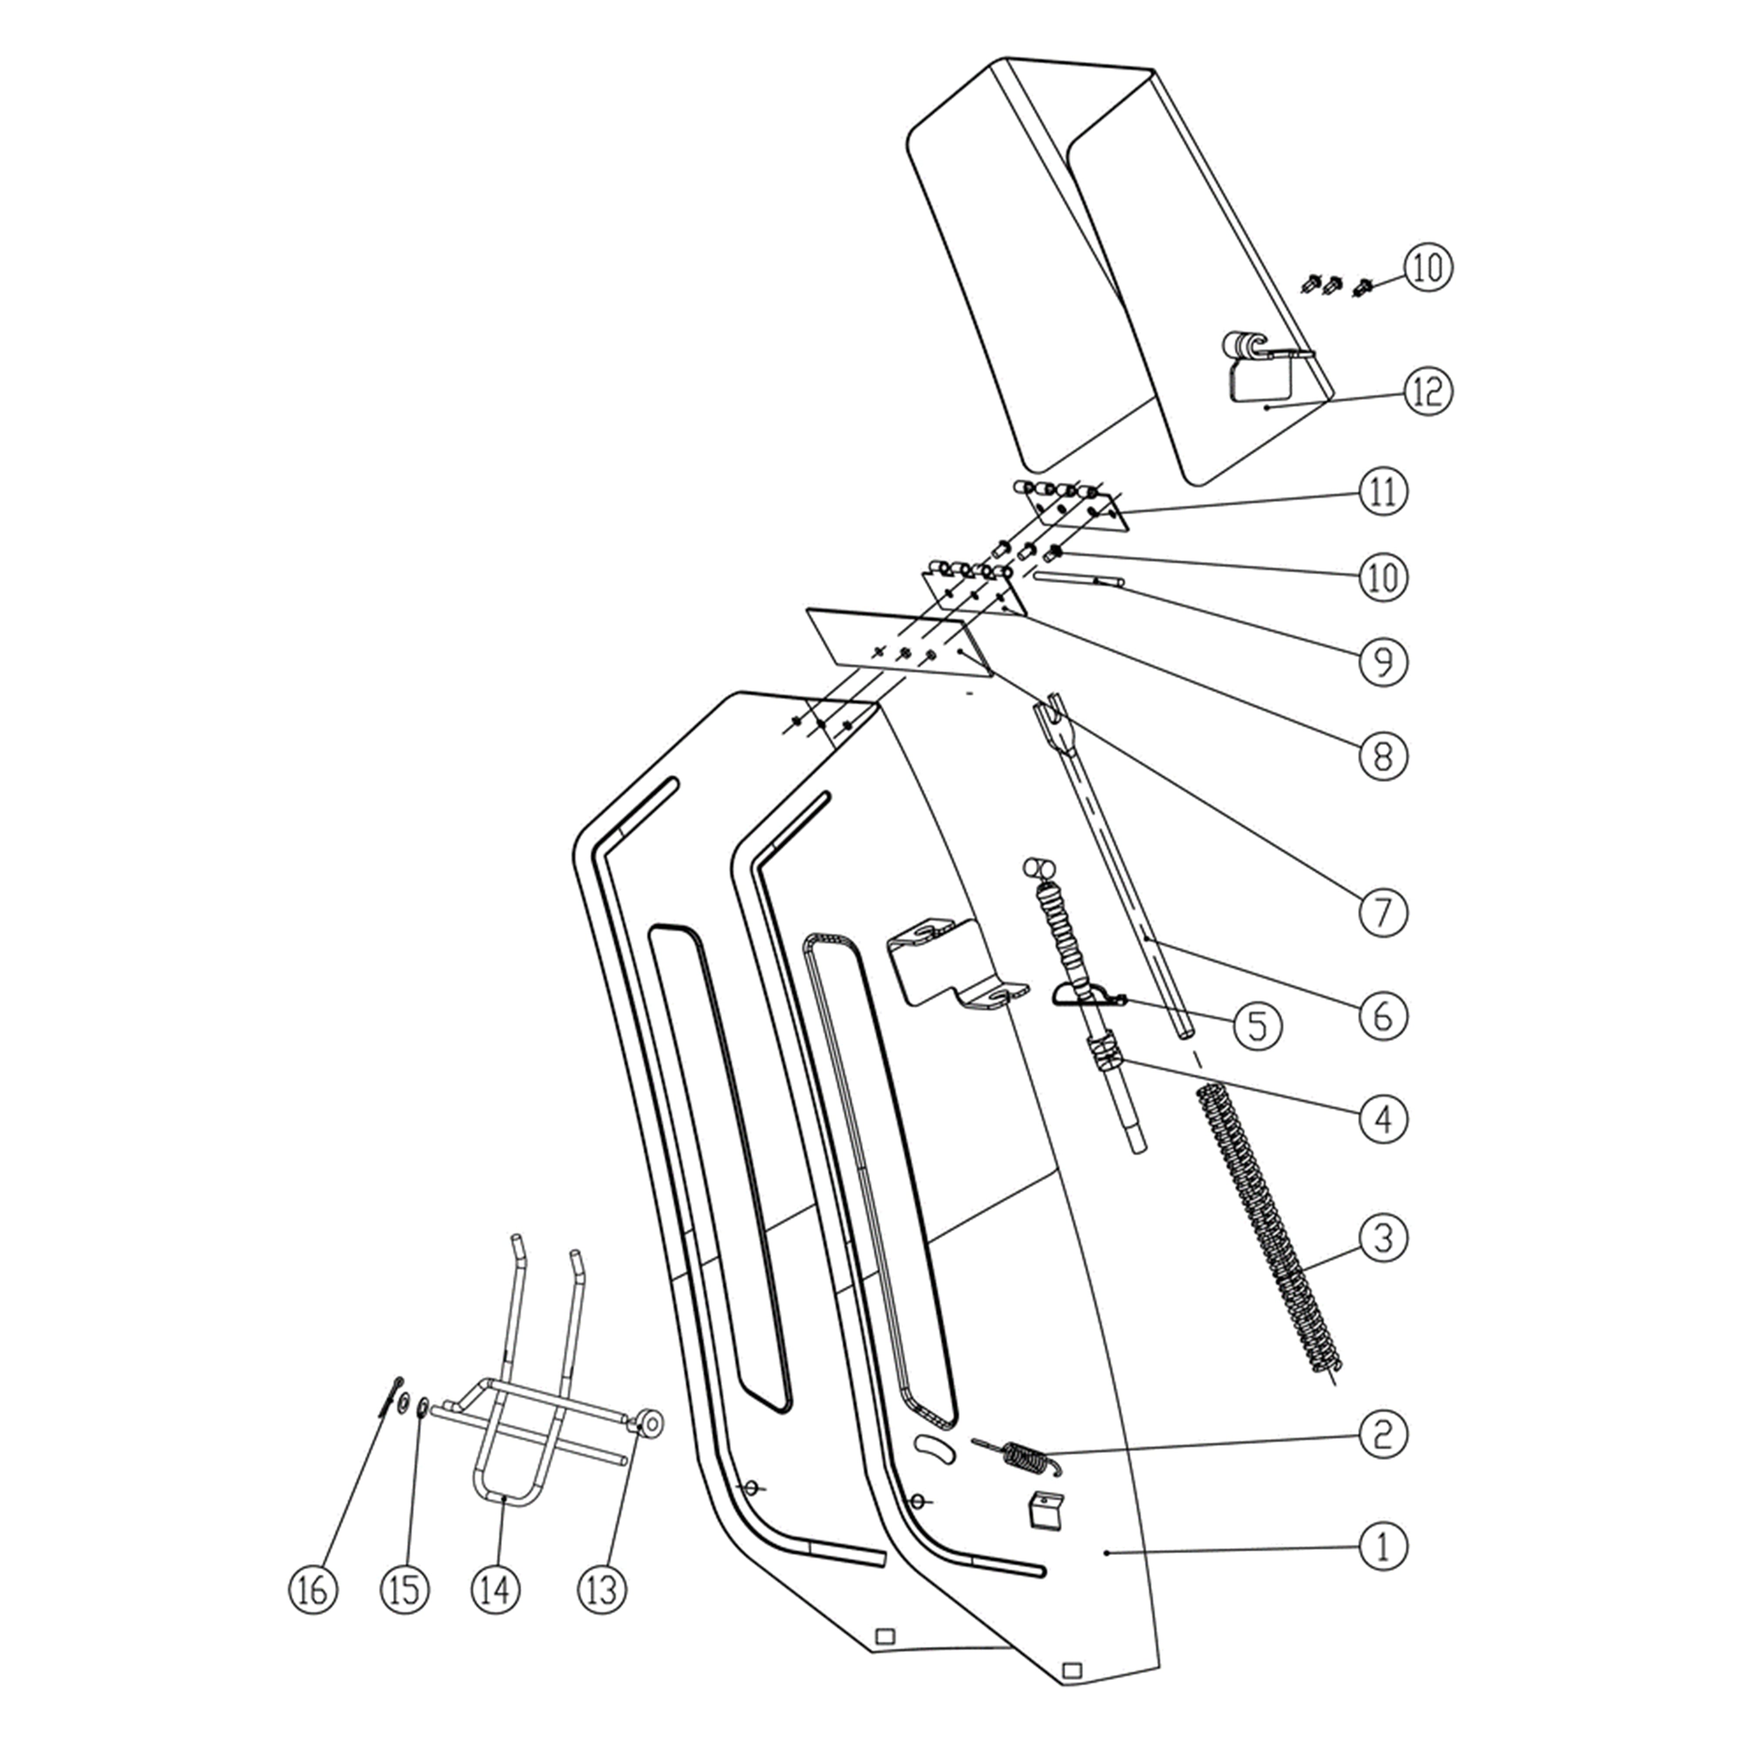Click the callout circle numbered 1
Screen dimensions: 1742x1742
tap(1382, 1546)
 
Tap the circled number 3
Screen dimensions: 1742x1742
tap(1382, 1238)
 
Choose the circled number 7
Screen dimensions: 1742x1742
tap(1382, 912)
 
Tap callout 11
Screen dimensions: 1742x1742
tap(1382, 492)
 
